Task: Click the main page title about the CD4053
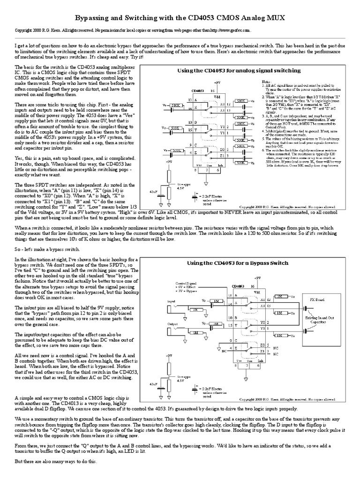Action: pyautogui.click(x=180, y=18)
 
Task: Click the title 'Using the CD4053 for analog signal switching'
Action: pyautogui.click(x=239, y=70)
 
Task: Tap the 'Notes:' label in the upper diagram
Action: pyautogui.click(x=266, y=82)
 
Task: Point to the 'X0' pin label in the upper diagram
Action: pyautogui.click(x=223, y=104)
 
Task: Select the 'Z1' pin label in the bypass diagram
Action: pyautogui.click(x=223, y=351)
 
